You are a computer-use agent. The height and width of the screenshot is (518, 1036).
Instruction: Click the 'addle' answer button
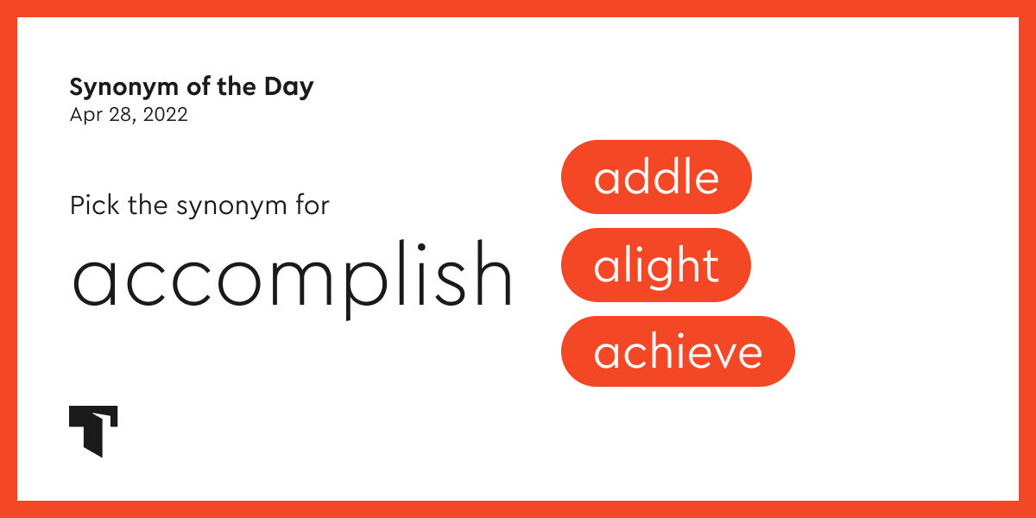[656, 177]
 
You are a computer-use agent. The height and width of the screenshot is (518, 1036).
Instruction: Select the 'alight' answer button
[656, 265]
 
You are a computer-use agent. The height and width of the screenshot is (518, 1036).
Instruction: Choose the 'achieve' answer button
[678, 351]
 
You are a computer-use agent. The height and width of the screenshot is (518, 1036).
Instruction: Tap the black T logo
[93, 431]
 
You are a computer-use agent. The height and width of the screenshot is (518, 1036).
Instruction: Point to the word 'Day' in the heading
[289, 88]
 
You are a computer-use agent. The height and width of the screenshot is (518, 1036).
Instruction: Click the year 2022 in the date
[166, 115]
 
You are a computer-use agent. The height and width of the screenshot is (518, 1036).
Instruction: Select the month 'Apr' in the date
[85, 116]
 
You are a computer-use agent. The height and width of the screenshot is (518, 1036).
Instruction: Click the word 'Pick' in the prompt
[95, 205]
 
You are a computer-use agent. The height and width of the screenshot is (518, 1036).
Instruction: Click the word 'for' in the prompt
[313, 205]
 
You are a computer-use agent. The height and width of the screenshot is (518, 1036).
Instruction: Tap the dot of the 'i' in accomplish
[421, 247]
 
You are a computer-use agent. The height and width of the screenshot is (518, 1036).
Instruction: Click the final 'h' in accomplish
[494, 273]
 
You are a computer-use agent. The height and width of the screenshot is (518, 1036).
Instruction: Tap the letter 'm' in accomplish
[301, 283]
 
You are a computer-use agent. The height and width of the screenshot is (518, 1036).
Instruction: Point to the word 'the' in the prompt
[148, 205]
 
